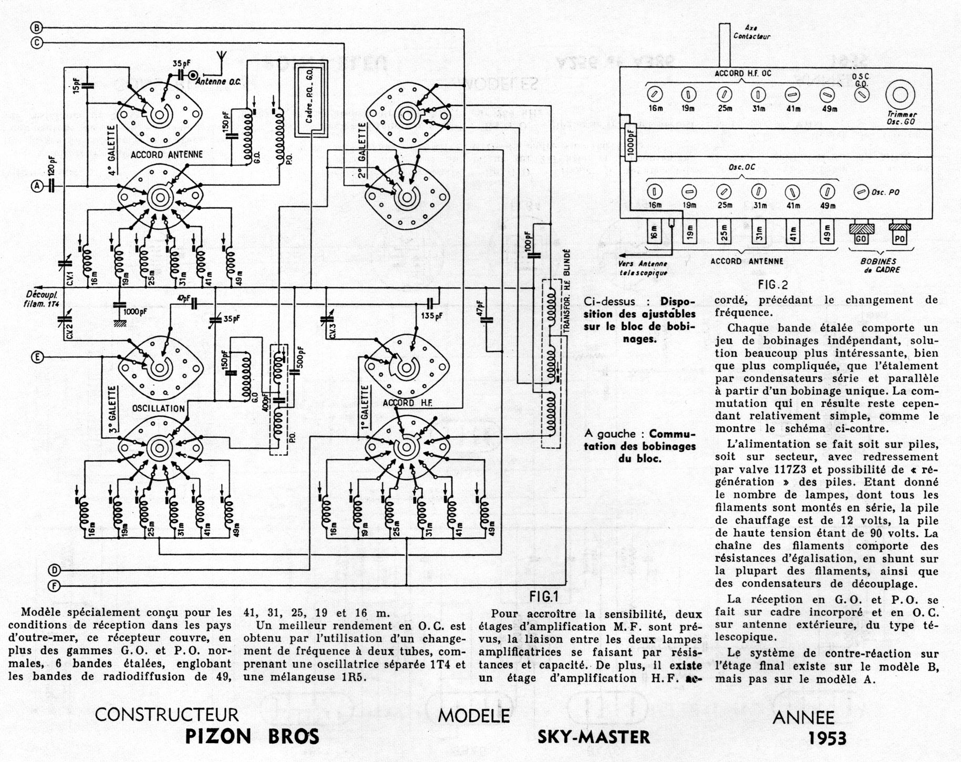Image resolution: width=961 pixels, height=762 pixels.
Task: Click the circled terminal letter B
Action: [x=36, y=28]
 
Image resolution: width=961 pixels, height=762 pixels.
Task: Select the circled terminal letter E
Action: [x=37, y=357]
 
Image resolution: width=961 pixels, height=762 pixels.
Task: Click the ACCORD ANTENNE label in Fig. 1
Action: [x=159, y=155]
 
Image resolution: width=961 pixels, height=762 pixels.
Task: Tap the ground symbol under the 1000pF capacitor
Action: [x=119, y=323]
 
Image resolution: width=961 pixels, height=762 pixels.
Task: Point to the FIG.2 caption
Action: [x=773, y=285]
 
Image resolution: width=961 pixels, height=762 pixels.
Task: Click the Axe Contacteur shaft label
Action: [x=751, y=32]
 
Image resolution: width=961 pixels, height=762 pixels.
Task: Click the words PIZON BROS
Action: [x=252, y=736]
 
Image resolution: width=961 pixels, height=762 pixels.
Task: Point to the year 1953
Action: [x=828, y=738]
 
